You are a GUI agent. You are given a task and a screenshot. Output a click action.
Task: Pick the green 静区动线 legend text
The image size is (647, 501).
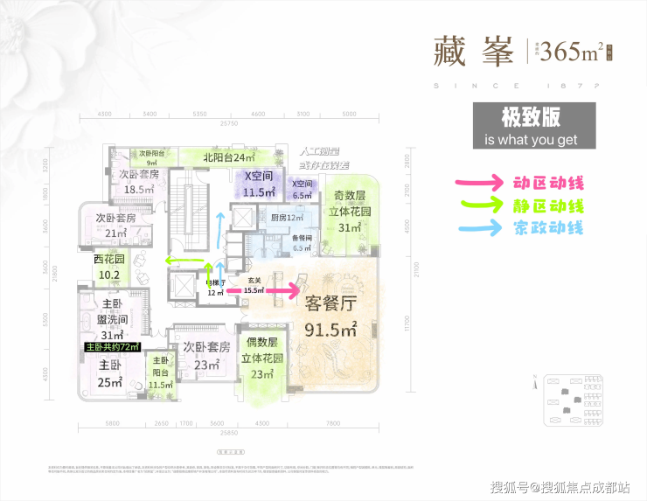[549, 206]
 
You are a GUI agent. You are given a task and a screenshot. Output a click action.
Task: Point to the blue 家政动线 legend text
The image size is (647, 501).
[549, 229]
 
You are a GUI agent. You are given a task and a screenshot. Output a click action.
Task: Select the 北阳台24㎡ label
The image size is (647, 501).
[228, 158]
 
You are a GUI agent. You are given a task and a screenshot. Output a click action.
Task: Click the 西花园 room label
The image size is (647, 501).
[109, 267]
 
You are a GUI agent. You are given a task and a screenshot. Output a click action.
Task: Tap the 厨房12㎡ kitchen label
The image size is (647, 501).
[286, 217]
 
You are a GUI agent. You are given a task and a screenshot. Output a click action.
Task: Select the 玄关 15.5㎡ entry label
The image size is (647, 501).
[254, 285]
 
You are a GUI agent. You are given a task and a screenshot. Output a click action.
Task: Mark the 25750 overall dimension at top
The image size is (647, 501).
[229, 123]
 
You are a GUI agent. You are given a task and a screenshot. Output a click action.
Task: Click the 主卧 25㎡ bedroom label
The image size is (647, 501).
[110, 373]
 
